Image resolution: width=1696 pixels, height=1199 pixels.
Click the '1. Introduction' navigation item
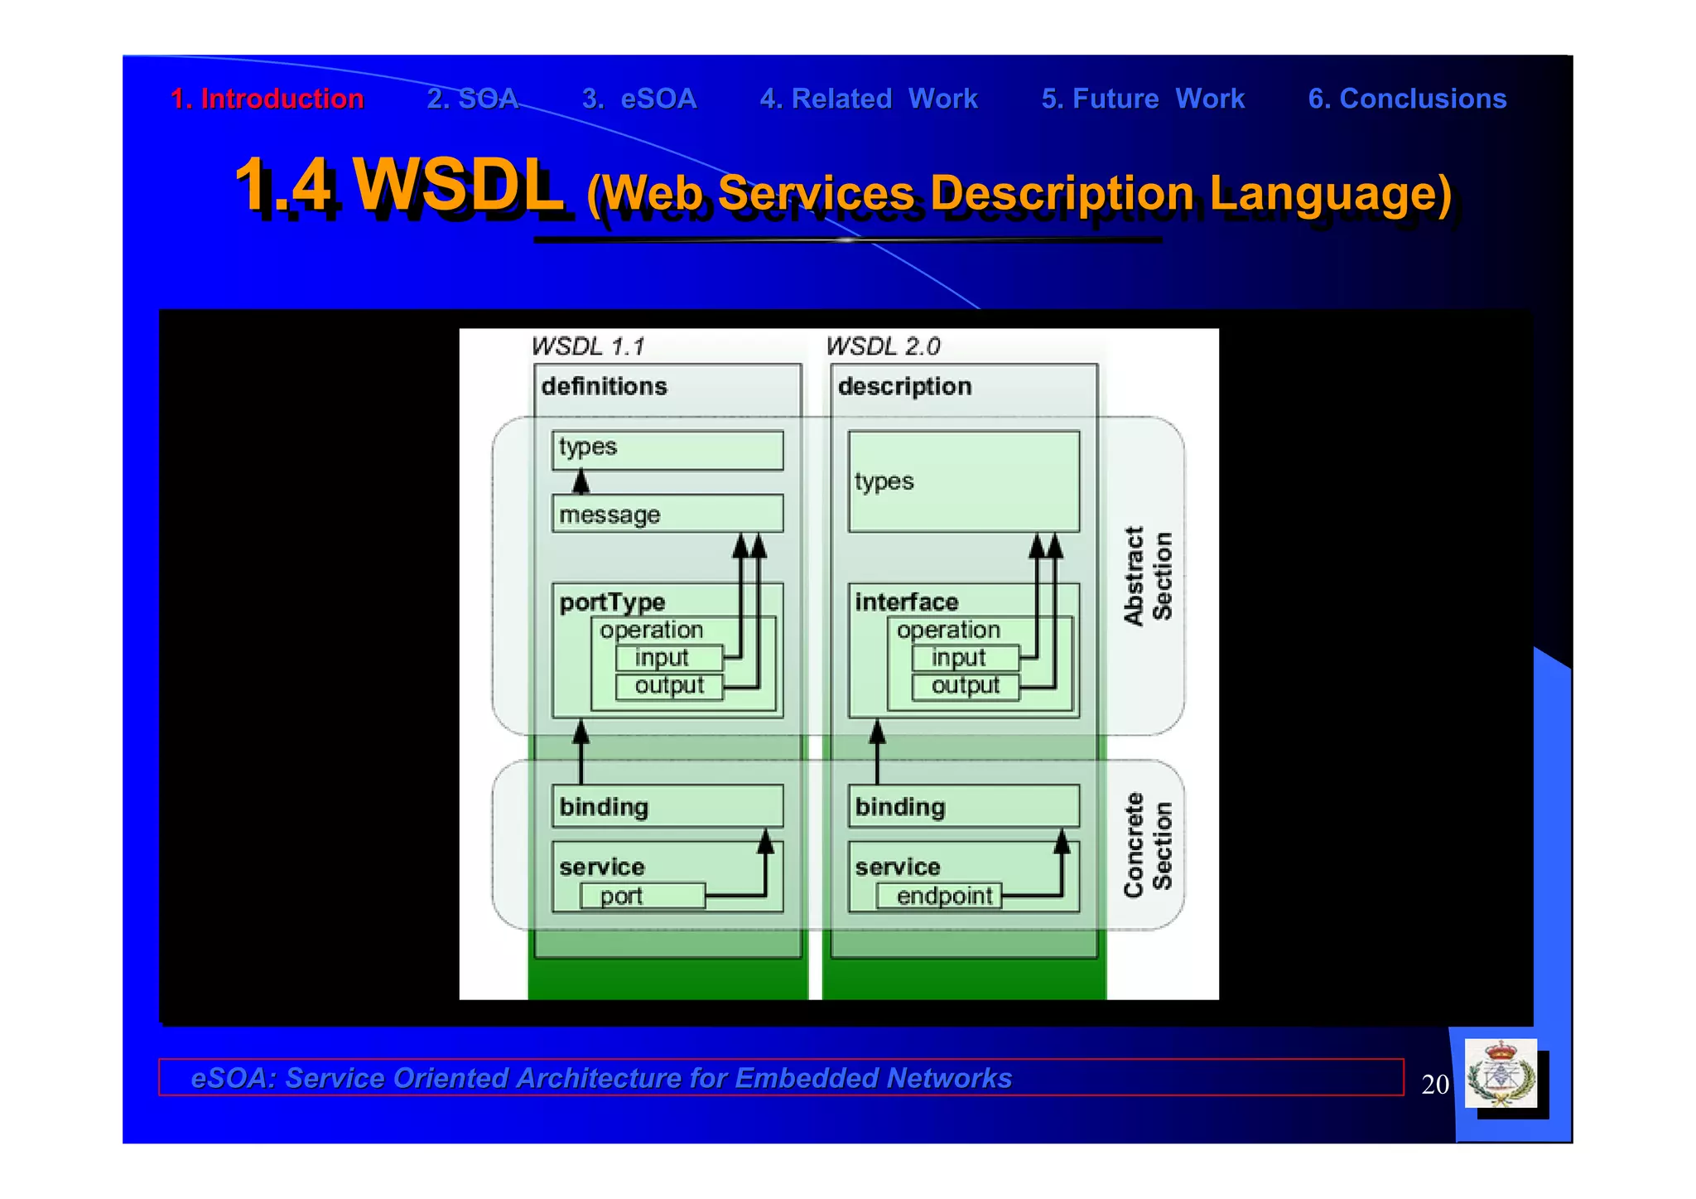267,99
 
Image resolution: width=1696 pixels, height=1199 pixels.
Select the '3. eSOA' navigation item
639,99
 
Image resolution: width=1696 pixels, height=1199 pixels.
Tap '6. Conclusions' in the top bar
1406,99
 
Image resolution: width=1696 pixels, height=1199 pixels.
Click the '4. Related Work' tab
869,99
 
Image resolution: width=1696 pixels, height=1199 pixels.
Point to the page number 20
1434,1084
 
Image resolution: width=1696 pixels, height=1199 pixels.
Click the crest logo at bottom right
1501,1075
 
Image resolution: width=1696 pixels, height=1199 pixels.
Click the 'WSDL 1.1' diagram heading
588,346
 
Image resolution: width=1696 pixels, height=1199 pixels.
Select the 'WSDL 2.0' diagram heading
883,346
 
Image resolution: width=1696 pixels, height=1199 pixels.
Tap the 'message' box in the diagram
667,515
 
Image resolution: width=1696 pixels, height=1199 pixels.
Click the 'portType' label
612,602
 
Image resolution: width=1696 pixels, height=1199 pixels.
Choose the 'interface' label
906,602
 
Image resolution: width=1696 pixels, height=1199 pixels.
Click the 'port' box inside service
642,896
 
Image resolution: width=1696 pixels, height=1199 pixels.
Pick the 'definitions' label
604,386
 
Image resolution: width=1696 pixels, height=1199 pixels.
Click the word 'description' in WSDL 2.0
904,386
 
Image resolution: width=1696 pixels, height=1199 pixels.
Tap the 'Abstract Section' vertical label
1148,576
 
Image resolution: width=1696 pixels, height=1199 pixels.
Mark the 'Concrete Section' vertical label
1148,844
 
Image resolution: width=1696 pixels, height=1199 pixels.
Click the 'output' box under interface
965,686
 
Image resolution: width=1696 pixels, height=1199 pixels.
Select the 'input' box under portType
668,658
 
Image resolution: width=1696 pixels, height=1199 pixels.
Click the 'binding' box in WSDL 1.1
667,806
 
